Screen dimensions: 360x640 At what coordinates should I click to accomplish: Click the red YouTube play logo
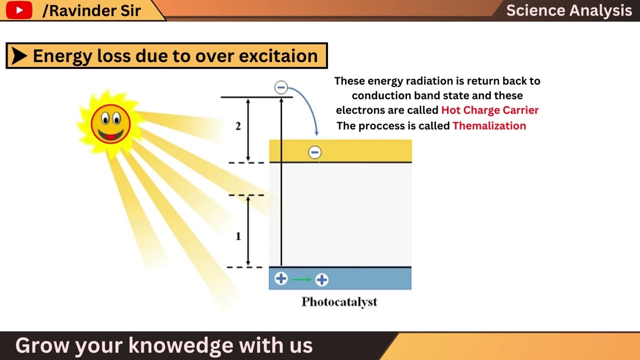tap(19, 10)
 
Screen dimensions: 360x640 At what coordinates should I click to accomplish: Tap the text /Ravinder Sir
tap(91, 10)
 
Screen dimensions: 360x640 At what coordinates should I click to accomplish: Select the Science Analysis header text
tap(568, 10)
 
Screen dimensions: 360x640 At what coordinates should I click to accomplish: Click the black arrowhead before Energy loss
tap(19, 56)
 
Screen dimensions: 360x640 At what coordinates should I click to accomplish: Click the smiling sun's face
tap(110, 123)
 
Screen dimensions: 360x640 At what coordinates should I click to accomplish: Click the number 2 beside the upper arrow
tap(238, 126)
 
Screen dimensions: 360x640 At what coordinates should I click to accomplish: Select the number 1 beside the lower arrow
tap(238, 236)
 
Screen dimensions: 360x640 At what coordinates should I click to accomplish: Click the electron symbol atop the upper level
tap(281, 87)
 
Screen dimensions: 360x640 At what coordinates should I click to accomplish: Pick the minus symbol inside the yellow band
tap(314, 152)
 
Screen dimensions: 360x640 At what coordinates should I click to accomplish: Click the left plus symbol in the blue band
tap(281, 278)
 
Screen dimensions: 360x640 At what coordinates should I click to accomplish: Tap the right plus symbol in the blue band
tap(321, 279)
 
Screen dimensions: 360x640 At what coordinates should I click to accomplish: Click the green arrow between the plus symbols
tap(301, 279)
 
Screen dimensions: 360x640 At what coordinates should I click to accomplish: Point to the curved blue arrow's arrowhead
tap(316, 132)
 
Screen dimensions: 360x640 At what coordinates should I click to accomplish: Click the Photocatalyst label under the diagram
tap(339, 301)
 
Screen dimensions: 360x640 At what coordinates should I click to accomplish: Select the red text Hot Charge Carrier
tap(489, 110)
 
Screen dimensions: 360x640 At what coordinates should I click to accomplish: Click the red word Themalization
tap(489, 125)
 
